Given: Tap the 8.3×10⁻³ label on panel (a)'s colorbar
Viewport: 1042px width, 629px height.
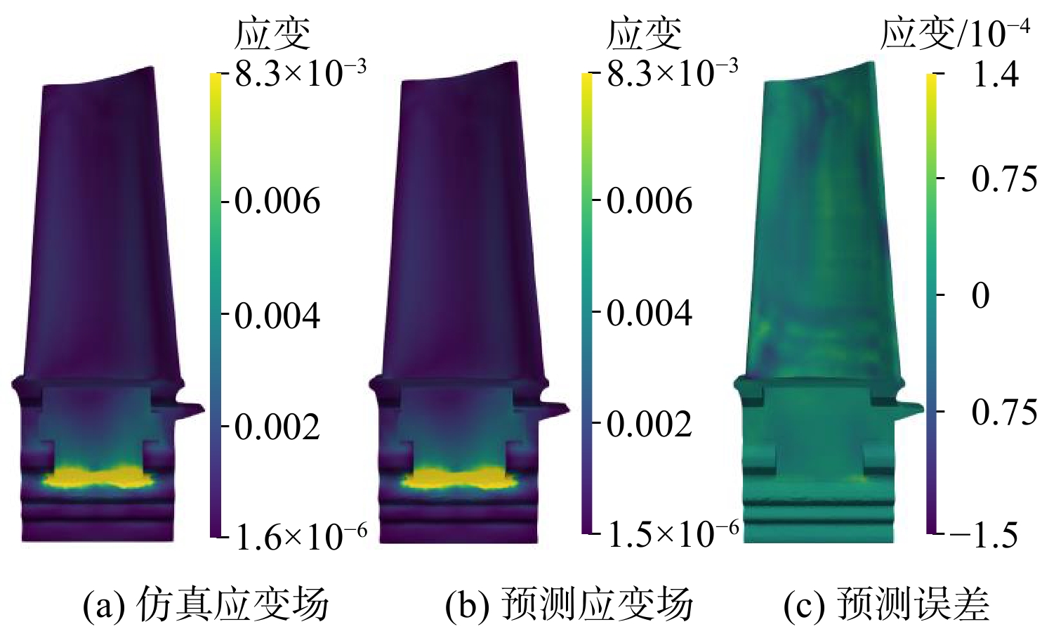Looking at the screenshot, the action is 301,73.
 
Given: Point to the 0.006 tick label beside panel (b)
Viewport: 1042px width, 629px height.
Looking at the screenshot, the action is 649,201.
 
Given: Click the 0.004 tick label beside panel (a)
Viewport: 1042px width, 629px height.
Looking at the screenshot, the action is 277,316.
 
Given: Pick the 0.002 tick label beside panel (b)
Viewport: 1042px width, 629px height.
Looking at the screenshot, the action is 649,424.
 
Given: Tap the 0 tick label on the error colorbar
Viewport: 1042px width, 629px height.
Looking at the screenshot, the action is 981,295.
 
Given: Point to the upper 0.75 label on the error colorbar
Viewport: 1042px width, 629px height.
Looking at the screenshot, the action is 1005,179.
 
